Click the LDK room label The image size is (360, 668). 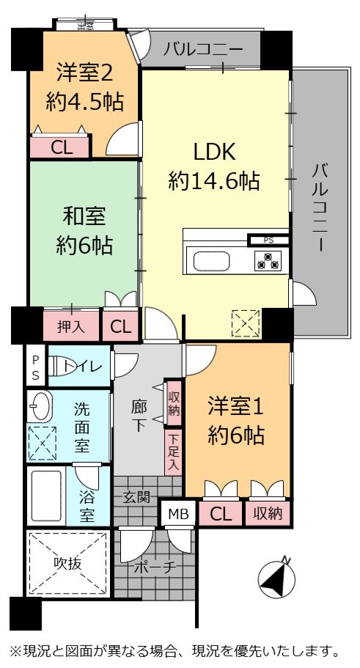coord(214,152)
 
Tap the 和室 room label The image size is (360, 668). coord(84,217)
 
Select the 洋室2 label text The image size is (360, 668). coord(85,73)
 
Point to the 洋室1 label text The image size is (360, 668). coord(236,408)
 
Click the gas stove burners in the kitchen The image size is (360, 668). coord(268,261)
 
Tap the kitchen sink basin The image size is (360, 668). coord(212,261)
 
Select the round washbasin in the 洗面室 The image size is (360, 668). coord(39,406)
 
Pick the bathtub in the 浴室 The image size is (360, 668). coord(46,496)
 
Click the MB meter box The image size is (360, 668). coord(178,514)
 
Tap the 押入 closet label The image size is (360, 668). coord(71,326)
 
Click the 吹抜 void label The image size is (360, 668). coord(67,563)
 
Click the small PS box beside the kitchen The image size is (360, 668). coord(268,241)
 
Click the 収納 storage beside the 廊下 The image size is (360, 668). coord(173,403)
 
